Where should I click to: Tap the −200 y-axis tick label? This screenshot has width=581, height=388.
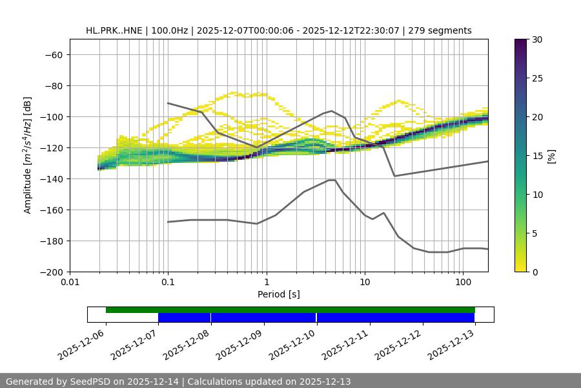(51, 272)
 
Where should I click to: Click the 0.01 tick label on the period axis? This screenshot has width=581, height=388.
(70, 283)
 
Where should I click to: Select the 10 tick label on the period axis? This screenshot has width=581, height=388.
(365, 283)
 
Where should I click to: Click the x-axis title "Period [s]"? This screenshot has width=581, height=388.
(279, 294)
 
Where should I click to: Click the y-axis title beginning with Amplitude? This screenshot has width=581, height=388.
(28, 155)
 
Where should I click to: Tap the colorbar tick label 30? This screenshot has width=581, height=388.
(537, 39)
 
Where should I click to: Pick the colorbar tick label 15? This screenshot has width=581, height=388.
(537, 156)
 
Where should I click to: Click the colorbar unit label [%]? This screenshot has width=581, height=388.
(551, 156)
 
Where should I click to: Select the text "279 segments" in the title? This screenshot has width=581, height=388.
(440, 30)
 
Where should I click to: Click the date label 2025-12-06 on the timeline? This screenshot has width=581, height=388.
(83, 344)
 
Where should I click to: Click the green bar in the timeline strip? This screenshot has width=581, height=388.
(290, 310)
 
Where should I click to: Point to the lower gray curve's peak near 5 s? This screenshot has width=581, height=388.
(332, 180)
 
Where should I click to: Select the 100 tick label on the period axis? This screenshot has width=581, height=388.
(463, 283)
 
